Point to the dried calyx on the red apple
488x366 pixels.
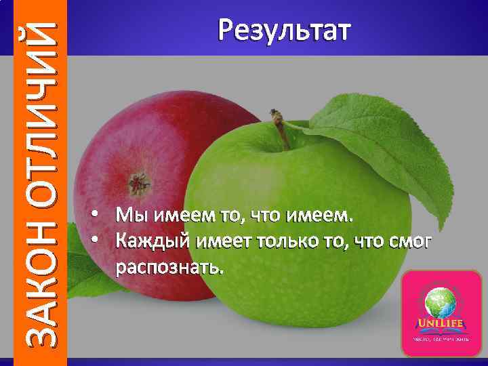[x=140, y=182]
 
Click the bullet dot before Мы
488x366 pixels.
[x=98, y=216]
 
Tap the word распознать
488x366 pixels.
[x=169, y=266]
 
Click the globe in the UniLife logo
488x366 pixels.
[x=441, y=303]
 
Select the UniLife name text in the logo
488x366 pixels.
[x=441, y=323]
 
